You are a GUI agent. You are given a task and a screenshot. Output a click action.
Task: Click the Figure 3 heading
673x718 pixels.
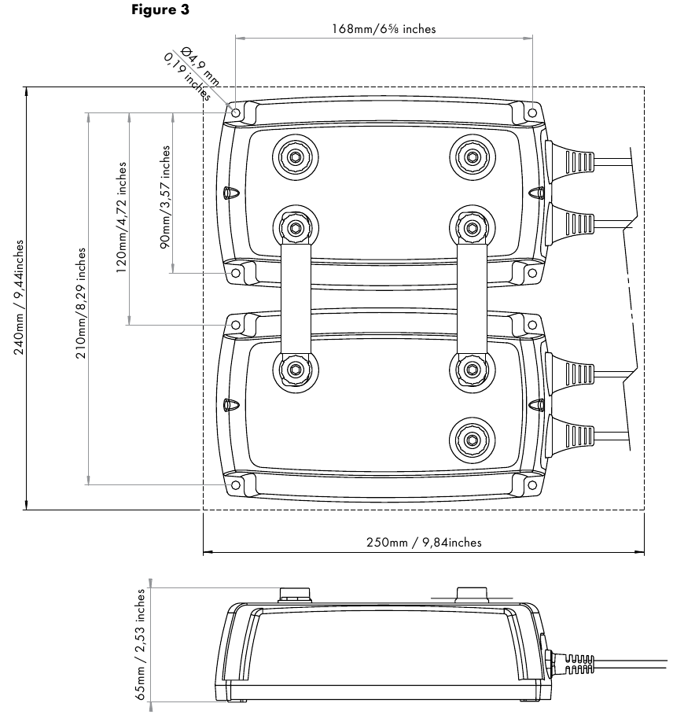click(160, 10)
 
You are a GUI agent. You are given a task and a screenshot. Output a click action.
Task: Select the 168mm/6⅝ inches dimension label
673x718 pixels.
click(384, 29)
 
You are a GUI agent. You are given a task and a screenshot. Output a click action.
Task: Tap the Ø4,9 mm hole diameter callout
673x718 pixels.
click(200, 66)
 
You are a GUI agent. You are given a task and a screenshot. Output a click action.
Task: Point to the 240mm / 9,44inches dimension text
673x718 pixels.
click(19, 297)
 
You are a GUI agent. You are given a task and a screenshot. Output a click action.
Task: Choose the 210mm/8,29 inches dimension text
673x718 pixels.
click(80, 303)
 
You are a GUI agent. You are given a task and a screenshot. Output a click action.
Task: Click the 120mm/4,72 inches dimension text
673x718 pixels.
click(121, 218)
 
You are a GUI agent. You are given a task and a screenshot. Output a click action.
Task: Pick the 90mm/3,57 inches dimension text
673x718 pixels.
click(165, 197)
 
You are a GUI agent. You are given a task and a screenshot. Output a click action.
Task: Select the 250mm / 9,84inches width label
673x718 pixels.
click(424, 542)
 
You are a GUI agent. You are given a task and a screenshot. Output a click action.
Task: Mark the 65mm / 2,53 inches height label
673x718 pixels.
click(140, 644)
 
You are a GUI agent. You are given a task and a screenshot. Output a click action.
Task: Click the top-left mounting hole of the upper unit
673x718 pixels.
click(236, 112)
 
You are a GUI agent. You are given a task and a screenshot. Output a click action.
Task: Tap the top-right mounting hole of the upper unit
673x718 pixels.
click(532, 112)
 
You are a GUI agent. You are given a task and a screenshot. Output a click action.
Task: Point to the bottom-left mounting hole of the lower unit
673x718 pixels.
click(236, 485)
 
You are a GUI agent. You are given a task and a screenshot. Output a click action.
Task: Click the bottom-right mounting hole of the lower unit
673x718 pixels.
click(532, 485)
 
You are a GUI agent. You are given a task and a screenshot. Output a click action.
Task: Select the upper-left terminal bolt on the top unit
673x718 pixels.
click(296, 157)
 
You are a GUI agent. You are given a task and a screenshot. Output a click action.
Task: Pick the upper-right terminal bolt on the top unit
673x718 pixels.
click(472, 157)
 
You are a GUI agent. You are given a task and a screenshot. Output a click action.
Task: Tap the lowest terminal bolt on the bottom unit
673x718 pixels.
click(472, 440)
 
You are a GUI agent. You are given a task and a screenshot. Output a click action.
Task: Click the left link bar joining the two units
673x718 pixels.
click(296, 299)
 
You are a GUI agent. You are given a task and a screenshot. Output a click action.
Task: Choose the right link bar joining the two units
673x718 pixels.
click(473, 299)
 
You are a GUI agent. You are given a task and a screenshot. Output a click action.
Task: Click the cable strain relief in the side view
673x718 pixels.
click(572, 665)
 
